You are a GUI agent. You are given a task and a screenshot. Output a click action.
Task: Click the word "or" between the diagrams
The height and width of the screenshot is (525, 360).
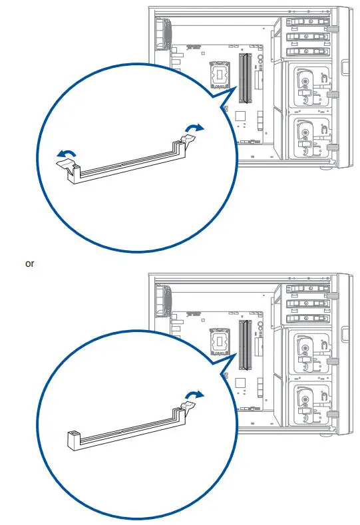[x=29, y=264]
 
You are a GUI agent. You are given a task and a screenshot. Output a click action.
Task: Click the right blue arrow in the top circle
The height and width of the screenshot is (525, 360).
[x=194, y=128]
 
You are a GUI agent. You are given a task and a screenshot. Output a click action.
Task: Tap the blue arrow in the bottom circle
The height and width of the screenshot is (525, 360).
[x=194, y=395]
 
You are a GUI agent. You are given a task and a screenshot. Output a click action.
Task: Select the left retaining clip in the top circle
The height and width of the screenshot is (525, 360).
[x=66, y=164]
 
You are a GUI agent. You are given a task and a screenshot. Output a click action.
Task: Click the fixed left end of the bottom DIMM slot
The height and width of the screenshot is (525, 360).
[x=74, y=440]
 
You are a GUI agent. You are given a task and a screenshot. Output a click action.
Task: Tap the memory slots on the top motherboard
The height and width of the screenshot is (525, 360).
[x=245, y=78]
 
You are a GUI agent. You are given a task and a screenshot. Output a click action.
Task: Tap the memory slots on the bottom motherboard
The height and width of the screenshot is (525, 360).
[x=245, y=345]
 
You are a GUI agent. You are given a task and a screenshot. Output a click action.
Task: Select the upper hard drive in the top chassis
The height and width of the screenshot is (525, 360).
[x=310, y=87]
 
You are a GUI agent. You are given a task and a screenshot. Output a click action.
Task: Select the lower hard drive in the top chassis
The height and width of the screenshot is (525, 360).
[x=310, y=136]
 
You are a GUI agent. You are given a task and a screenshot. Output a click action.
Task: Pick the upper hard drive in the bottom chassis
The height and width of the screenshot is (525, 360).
[x=310, y=353]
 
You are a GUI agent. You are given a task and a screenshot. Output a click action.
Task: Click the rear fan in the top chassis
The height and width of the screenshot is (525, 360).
[x=164, y=33]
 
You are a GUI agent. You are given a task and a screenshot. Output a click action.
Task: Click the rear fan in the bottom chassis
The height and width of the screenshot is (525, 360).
[x=164, y=300]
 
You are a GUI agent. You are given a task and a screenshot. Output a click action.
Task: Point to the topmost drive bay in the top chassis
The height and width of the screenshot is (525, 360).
[x=308, y=22]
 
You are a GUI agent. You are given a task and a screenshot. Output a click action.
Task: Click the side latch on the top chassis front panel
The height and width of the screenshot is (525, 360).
[x=345, y=67]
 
